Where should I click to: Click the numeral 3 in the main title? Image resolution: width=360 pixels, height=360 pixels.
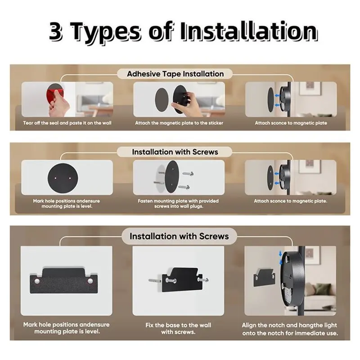(56, 31)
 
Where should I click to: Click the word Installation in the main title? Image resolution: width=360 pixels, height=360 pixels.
(249, 31)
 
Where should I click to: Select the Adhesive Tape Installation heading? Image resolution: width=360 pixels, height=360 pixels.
(175, 74)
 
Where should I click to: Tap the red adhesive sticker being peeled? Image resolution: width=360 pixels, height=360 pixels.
(54, 93)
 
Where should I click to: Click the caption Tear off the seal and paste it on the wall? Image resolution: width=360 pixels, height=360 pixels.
(67, 123)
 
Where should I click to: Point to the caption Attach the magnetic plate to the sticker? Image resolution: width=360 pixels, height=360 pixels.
(179, 123)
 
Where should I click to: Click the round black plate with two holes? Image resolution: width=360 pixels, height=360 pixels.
(63, 178)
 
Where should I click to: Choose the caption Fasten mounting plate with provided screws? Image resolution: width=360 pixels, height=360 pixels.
(178, 204)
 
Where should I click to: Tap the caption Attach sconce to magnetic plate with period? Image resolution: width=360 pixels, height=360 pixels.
(290, 201)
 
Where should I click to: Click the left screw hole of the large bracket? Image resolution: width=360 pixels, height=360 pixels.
(37, 281)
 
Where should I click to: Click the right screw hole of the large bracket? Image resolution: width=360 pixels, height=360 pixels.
(90, 281)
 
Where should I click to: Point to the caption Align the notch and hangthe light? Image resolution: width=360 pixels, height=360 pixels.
(289, 325)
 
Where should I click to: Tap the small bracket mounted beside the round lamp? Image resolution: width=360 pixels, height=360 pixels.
(264, 278)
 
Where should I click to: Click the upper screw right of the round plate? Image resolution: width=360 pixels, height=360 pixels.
(188, 174)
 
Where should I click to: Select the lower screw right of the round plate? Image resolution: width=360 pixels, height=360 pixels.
(184, 187)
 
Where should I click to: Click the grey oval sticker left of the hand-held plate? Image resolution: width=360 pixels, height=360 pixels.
(162, 100)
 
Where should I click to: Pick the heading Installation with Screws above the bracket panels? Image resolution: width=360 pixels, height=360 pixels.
(179, 236)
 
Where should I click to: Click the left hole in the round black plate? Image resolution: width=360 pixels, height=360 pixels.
(55, 178)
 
